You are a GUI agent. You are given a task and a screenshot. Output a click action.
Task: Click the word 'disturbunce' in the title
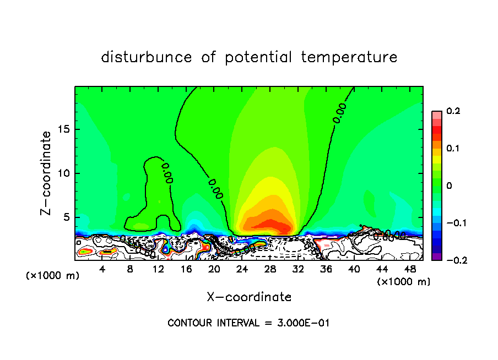(x=147, y=57)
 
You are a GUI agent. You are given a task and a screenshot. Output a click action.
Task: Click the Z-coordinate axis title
(x=47, y=173)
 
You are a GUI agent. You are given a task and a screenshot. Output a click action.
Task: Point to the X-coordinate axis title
(x=249, y=297)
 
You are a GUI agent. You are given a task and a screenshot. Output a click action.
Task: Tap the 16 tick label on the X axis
(x=186, y=269)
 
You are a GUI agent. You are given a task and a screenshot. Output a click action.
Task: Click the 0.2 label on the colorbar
(x=453, y=111)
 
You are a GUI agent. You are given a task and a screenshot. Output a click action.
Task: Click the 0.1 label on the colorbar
(x=453, y=149)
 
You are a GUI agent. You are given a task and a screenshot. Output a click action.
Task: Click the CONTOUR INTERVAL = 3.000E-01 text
(x=248, y=323)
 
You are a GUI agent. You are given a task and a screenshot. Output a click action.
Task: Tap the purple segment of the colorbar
(x=437, y=257)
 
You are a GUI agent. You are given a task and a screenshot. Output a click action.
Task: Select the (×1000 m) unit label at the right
(x=404, y=282)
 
